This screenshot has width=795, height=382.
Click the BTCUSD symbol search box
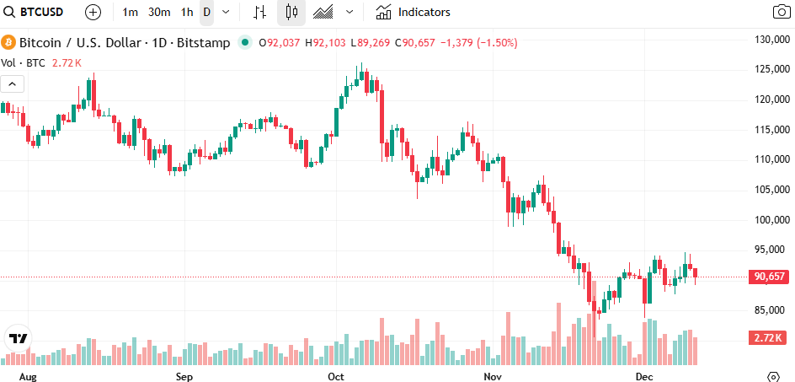coord(39,13)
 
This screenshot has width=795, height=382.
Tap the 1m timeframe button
coord(131,13)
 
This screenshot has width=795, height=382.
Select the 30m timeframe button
coord(158,13)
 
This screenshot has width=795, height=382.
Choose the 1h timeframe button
coord(187,13)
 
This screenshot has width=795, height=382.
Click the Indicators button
coord(414,13)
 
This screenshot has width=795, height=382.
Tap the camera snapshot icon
coord(782,13)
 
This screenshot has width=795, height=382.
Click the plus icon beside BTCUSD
coord(93,13)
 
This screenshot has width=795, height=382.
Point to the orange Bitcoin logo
coord(9,42)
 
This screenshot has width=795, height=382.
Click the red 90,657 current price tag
coord(770,277)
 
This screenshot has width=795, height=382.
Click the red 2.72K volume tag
coord(767,338)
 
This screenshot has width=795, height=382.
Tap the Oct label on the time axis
coord(337,375)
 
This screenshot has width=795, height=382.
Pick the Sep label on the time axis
coord(184,375)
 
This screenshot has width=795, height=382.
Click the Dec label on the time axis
coord(644,375)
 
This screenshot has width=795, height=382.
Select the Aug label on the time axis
coord(28,375)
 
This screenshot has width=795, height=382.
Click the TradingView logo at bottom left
coord(18,339)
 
